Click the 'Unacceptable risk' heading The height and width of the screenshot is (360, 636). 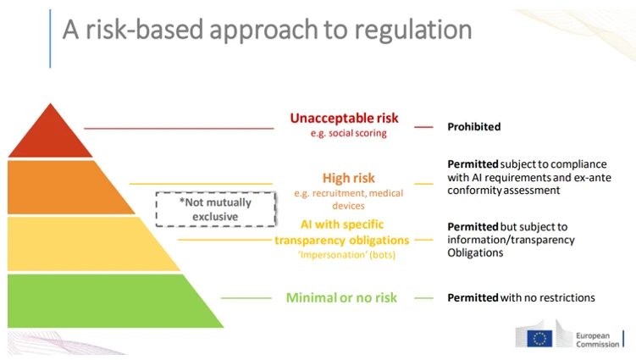click(x=344, y=118)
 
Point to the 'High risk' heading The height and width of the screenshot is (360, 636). click(x=348, y=178)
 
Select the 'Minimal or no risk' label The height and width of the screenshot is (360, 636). click(x=341, y=298)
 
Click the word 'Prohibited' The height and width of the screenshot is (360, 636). click(x=473, y=126)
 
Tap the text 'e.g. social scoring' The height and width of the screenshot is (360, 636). click(x=348, y=133)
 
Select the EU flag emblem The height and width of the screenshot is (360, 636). click(x=539, y=339)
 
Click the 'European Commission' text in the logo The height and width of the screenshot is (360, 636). click(x=597, y=341)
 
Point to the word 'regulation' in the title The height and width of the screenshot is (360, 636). click(x=413, y=30)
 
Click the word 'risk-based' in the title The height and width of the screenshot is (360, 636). click(x=145, y=30)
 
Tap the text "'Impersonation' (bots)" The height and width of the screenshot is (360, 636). click(x=347, y=255)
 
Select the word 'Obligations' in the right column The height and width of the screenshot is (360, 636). click(x=475, y=253)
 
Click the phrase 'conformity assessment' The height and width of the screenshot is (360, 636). click(x=504, y=191)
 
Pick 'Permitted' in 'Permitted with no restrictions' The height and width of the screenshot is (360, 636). click(x=473, y=298)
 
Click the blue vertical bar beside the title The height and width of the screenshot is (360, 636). click(x=50, y=39)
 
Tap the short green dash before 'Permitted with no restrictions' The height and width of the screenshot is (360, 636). click(x=424, y=298)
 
